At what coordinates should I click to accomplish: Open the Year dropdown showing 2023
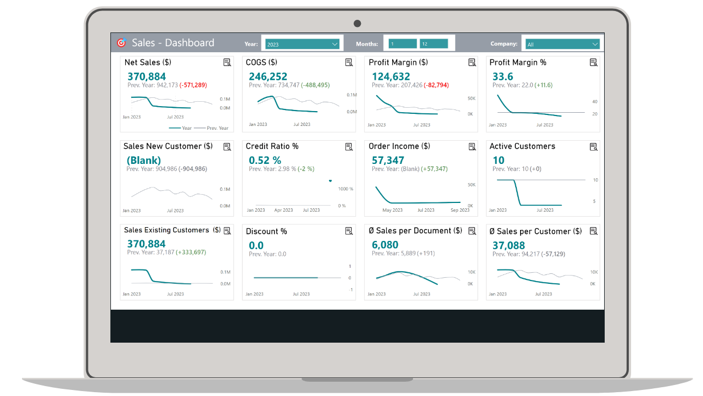point(302,44)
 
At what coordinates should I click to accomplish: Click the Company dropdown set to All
point(562,44)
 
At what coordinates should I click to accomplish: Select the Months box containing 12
point(434,43)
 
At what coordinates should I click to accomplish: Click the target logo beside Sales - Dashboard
point(121,42)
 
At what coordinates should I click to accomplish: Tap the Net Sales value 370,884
point(147,76)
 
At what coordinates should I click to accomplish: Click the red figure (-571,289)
point(193,85)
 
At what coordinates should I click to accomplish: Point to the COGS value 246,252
point(268,76)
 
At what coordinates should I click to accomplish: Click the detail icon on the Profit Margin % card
point(594,63)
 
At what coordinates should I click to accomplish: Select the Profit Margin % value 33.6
point(503,76)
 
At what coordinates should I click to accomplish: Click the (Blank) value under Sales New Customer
point(144,160)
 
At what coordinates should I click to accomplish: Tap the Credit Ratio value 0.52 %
point(265,160)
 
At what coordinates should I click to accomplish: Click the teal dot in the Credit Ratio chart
point(330,181)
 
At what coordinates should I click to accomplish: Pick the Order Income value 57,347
point(388,160)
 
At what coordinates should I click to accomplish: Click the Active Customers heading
point(522,146)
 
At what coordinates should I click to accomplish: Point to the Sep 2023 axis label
point(460,210)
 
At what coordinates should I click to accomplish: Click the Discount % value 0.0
point(256,245)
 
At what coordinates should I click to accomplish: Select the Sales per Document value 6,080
point(385,245)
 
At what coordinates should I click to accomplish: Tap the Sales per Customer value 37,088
point(509,245)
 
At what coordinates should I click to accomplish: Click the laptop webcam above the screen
point(357,24)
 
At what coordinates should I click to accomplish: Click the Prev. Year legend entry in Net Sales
point(211,128)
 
